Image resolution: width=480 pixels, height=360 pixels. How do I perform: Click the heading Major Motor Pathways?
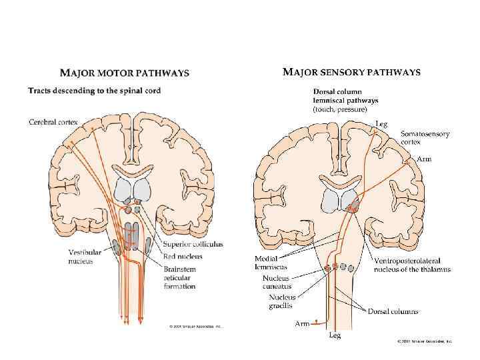tap(125, 73)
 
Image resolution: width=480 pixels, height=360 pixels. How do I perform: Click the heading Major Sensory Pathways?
tap(351, 72)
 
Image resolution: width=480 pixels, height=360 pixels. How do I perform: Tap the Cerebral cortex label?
tap(53, 122)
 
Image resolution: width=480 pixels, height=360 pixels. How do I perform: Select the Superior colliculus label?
tap(193, 245)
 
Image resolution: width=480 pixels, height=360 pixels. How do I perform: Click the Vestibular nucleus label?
tap(85, 257)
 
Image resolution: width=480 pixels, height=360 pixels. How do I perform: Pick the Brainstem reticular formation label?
tap(179, 277)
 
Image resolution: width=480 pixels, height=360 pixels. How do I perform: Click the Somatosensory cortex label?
tap(425, 138)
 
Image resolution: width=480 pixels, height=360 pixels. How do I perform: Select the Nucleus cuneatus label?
tap(277, 282)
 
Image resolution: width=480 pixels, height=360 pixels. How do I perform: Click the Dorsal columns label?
tap(393, 311)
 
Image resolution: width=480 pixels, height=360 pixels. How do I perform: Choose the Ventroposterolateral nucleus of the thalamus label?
tap(412, 265)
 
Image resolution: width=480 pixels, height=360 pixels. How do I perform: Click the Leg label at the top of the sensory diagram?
tap(381, 123)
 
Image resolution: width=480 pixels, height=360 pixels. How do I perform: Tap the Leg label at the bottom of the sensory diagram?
tap(335, 335)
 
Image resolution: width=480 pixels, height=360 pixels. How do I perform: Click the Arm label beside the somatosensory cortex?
tap(424, 159)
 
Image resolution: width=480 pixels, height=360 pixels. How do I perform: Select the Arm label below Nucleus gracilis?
tap(302, 324)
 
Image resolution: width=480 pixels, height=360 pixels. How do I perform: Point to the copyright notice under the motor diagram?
tap(197, 327)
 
